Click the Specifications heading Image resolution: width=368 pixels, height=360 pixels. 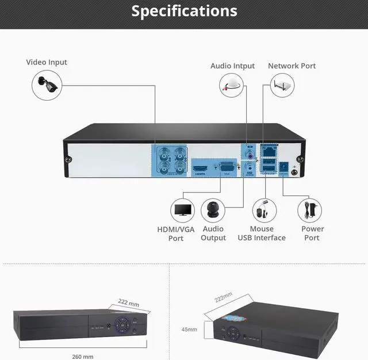click(184, 11)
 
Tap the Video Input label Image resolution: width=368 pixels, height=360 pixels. click(47, 62)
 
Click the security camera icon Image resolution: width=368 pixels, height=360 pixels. click(46, 83)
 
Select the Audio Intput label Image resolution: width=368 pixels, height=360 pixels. click(232, 66)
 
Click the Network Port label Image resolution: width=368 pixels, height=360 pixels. click(292, 66)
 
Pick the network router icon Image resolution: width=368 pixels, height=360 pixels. click(282, 86)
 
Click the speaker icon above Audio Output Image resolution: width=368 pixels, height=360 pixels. click(213, 210)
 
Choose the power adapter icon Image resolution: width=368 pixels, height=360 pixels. click(310, 210)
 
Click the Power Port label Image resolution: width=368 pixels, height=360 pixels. click(313, 233)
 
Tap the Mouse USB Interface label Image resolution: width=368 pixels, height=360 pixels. click(262, 233)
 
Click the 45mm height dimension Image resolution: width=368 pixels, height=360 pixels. click(189, 330)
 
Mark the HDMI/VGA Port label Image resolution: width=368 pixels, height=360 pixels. click(176, 233)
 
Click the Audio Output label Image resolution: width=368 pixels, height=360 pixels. click(213, 233)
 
